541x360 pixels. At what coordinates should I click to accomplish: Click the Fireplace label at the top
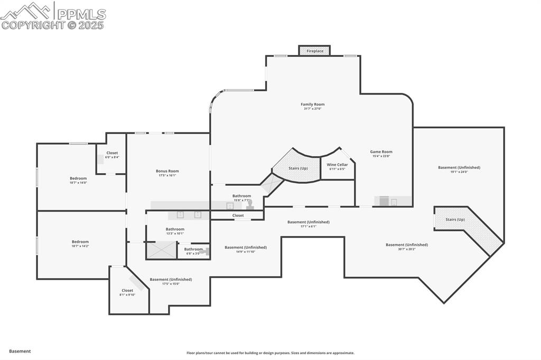click(x=315, y=51)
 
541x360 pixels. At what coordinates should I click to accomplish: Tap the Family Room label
click(x=312, y=105)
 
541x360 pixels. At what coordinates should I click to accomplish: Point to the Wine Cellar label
click(x=337, y=165)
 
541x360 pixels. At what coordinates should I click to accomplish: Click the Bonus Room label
click(x=167, y=171)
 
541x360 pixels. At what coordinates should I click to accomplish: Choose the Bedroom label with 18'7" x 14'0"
click(x=78, y=178)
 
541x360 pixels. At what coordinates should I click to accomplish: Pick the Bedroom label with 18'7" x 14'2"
click(x=80, y=242)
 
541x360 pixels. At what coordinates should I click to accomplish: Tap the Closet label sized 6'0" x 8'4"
click(x=112, y=153)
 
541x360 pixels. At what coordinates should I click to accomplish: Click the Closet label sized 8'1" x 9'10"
click(x=127, y=290)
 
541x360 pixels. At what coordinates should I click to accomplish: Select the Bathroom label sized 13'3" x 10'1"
click(x=175, y=229)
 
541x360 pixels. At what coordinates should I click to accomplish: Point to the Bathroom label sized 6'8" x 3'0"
click(x=193, y=249)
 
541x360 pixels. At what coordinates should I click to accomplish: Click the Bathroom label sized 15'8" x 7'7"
click(x=241, y=196)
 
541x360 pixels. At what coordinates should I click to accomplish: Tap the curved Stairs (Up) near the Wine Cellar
click(x=297, y=168)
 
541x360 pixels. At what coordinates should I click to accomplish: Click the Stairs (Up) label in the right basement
click(x=455, y=219)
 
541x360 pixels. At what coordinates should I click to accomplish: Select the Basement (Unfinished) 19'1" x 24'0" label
click(x=459, y=168)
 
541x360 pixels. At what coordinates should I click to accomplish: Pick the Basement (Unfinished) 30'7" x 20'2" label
click(x=406, y=245)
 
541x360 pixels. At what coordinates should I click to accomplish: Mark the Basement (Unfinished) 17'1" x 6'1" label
click(x=308, y=222)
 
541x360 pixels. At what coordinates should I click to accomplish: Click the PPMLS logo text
click(x=80, y=15)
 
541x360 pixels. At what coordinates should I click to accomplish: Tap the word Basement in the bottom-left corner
click(x=20, y=351)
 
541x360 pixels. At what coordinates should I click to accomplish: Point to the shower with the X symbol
click(x=162, y=250)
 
